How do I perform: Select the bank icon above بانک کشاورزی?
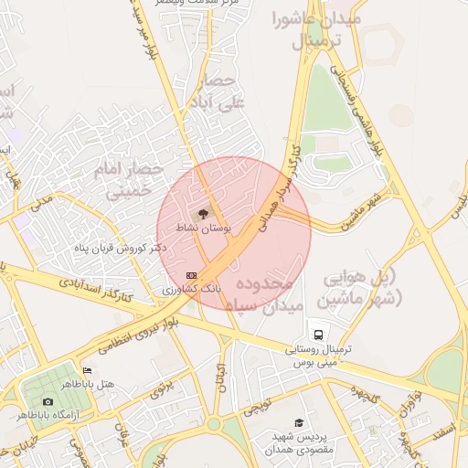191,275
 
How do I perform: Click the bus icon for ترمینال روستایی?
316,335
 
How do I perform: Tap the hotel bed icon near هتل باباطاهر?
87,370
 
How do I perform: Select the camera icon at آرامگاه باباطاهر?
48,401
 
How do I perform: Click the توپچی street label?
259,405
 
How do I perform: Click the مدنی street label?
42,201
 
